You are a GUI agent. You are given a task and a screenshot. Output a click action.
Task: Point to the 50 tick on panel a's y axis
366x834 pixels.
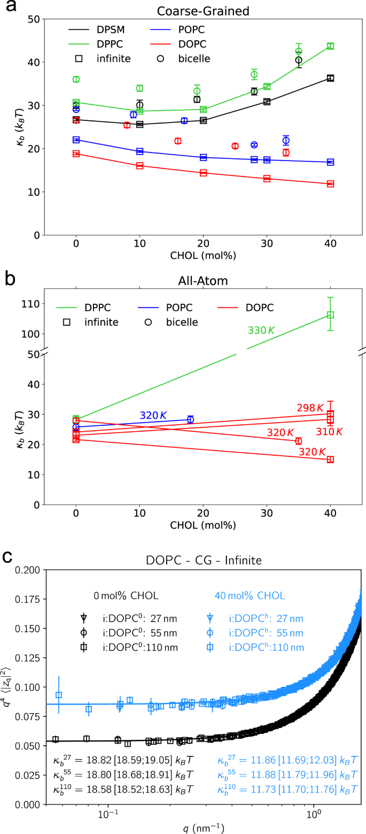click(x=33, y=19)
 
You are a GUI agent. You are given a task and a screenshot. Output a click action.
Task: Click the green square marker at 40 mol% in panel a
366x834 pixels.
click(x=330, y=47)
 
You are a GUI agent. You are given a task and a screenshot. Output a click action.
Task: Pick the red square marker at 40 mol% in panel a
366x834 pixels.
click(x=330, y=184)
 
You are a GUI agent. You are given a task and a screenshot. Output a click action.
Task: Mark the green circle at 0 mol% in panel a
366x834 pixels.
click(x=76, y=79)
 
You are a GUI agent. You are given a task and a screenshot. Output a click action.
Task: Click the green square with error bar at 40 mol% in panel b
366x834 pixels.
click(x=330, y=315)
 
